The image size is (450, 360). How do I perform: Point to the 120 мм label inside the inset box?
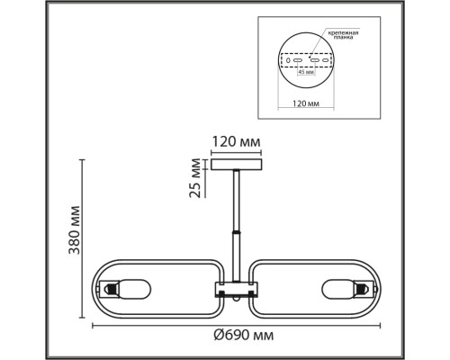(x=307, y=103)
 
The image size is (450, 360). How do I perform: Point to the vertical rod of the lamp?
(x=236, y=202)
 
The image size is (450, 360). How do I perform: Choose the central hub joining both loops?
(x=236, y=289)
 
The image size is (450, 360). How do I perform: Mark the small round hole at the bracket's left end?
(x=288, y=61)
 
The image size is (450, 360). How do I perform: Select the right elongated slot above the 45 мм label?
(x=317, y=61)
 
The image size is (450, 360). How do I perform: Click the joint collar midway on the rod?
(x=236, y=233)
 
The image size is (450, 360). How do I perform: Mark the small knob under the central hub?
(x=236, y=300)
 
